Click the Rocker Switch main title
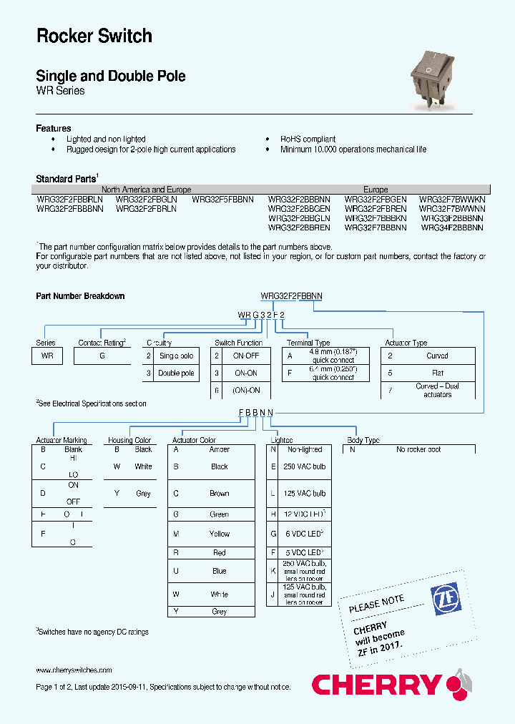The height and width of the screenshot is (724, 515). (94, 36)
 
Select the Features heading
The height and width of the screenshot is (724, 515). (54, 128)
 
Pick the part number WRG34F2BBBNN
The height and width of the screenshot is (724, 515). (452, 228)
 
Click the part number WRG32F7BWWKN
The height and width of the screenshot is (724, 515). (452, 200)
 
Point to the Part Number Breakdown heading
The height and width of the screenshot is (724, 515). (80, 296)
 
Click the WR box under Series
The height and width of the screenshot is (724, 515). (47, 356)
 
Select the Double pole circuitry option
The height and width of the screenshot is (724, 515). (176, 373)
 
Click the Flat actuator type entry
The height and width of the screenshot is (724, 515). (437, 373)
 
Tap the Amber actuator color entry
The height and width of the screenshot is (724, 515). (219, 450)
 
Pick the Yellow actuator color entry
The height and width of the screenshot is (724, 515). (219, 534)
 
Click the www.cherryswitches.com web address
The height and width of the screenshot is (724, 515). (74, 670)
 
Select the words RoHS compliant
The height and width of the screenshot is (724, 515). (308, 140)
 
